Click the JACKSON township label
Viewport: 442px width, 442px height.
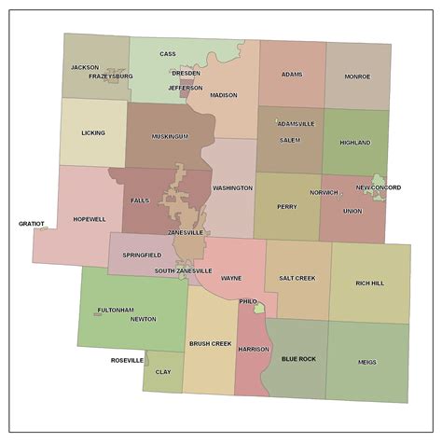(85, 67)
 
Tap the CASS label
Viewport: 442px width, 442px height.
(168, 54)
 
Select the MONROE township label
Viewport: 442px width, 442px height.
(357, 76)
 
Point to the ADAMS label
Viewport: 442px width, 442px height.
(292, 74)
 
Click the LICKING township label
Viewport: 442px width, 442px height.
(93, 133)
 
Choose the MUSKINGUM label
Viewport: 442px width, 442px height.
(171, 136)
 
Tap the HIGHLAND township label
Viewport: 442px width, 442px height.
(355, 143)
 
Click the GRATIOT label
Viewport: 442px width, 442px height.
(32, 224)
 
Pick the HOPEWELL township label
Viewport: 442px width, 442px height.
(90, 219)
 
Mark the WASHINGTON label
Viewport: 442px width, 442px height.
(232, 188)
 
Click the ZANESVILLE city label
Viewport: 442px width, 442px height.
(186, 232)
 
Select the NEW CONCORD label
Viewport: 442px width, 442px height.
(379, 187)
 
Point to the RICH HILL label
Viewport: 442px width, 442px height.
(370, 283)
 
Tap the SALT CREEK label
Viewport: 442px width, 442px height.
(297, 278)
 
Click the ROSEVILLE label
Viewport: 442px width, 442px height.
(128, 360)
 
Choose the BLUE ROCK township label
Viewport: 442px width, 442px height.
(299, 359)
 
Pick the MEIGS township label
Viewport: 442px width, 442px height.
(367, 362)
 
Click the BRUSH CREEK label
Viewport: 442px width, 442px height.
(210, 343)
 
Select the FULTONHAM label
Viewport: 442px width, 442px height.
(116, 310)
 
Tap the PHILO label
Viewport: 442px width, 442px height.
(248, 302)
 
